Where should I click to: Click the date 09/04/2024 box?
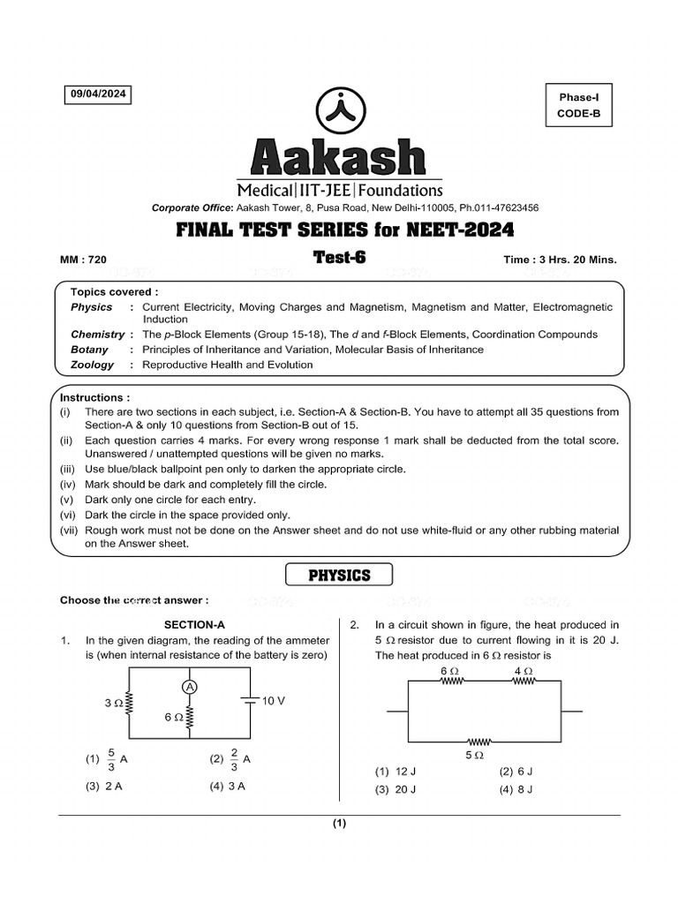coord(97,95)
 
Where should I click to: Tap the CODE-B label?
coord(578,113)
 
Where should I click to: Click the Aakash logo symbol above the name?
coord(338,112)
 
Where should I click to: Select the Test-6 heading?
coord(339,257)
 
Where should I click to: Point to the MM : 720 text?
coord(83,260)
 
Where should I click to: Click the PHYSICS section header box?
coord(339,576)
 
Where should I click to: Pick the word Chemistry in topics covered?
coord(97,335)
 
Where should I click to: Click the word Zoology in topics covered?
coord(92,365)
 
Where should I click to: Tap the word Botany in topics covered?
coord(90,350)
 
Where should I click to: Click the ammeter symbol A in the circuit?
coord(189,686)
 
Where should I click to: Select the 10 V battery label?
coord(273,700)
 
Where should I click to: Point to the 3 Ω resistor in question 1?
coord(130,704)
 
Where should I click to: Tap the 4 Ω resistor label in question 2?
coord(523,672)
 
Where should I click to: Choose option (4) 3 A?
coord(227,787)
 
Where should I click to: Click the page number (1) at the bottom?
coord(339,825)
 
